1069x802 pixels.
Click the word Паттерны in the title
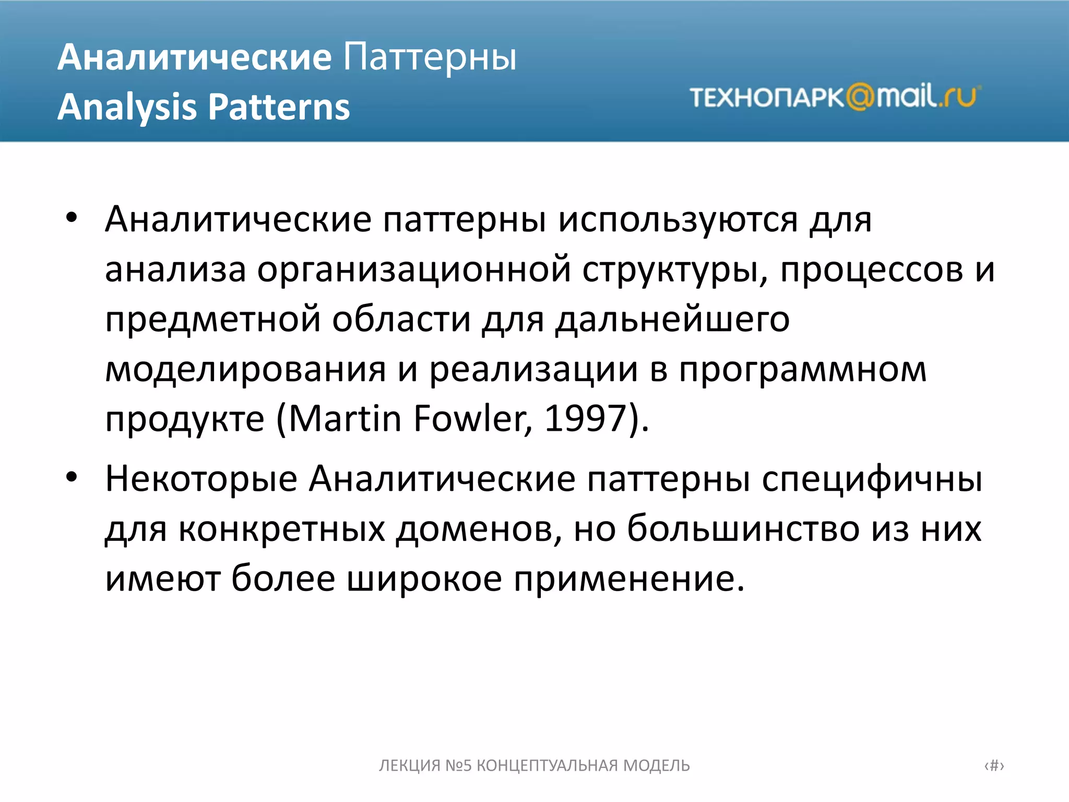pos(429,57)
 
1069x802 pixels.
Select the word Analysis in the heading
pos(127,108)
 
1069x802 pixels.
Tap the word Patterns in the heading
pos(279,108)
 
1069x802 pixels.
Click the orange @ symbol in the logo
pos(860,97)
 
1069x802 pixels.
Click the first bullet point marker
pos(72,218)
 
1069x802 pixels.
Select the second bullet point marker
pos(72,477)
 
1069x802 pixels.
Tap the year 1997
pos(585,419)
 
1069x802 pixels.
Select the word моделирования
pos(245,370)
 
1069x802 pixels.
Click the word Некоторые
pos(201,479)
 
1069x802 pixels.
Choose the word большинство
pos(743,528)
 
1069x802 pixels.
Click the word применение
pos(629,579)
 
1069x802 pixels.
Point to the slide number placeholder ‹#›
pos(994,765)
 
